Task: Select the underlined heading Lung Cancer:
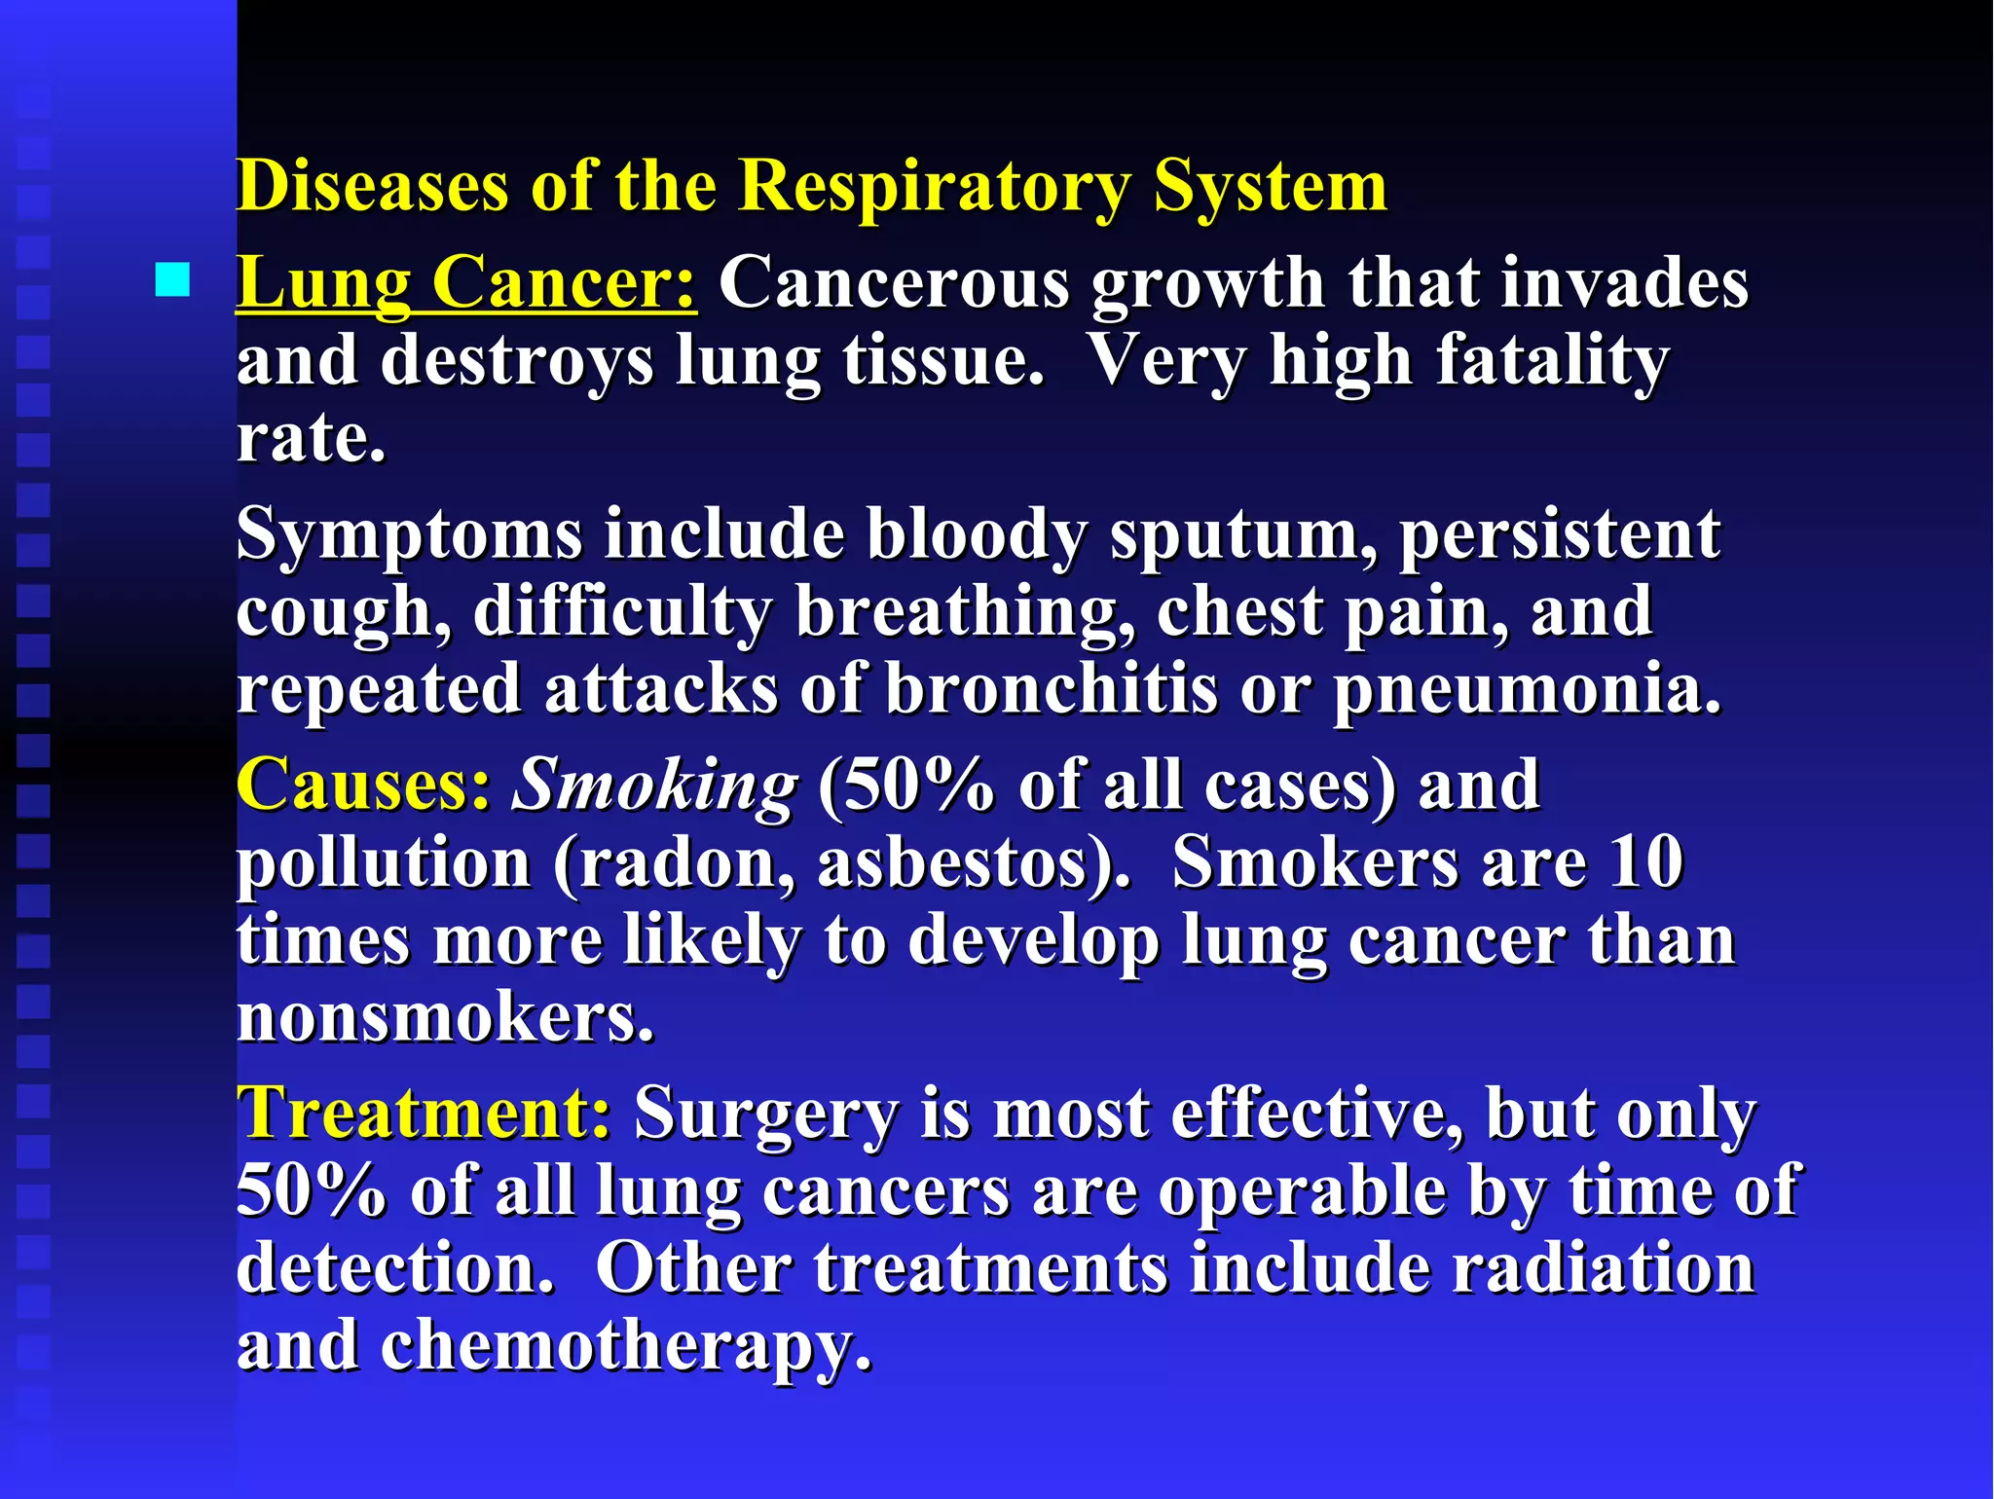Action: coord(466,283)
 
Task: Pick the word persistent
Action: coord(1560,535)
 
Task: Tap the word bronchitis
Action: coord(1052,689)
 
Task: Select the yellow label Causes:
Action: coord(363,785)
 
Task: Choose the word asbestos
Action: coord(963,863)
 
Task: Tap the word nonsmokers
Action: coord(445,1018)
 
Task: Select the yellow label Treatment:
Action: coord(425,1113)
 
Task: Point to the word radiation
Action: coord(1603,1268)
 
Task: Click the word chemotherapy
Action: coord(625,1348)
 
